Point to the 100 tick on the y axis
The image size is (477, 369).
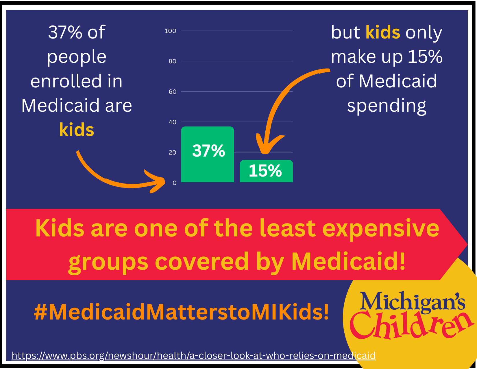coord(170,31)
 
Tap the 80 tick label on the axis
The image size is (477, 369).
coord(172,61)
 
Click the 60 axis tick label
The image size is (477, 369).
coord(172,92)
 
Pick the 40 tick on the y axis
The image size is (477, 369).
coord(172,122)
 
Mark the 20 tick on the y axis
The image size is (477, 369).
coord(172,153)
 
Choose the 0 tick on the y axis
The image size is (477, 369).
coord(174,183)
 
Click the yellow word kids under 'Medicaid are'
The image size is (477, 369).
coord(77,130)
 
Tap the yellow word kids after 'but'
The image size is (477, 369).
coord(383,32)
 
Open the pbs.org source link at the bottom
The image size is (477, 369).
coord(193,355)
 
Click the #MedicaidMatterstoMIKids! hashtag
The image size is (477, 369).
coord(181,312)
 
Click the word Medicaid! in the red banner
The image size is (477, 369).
coord(348,261)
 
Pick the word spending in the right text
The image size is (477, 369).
coord(387,106)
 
